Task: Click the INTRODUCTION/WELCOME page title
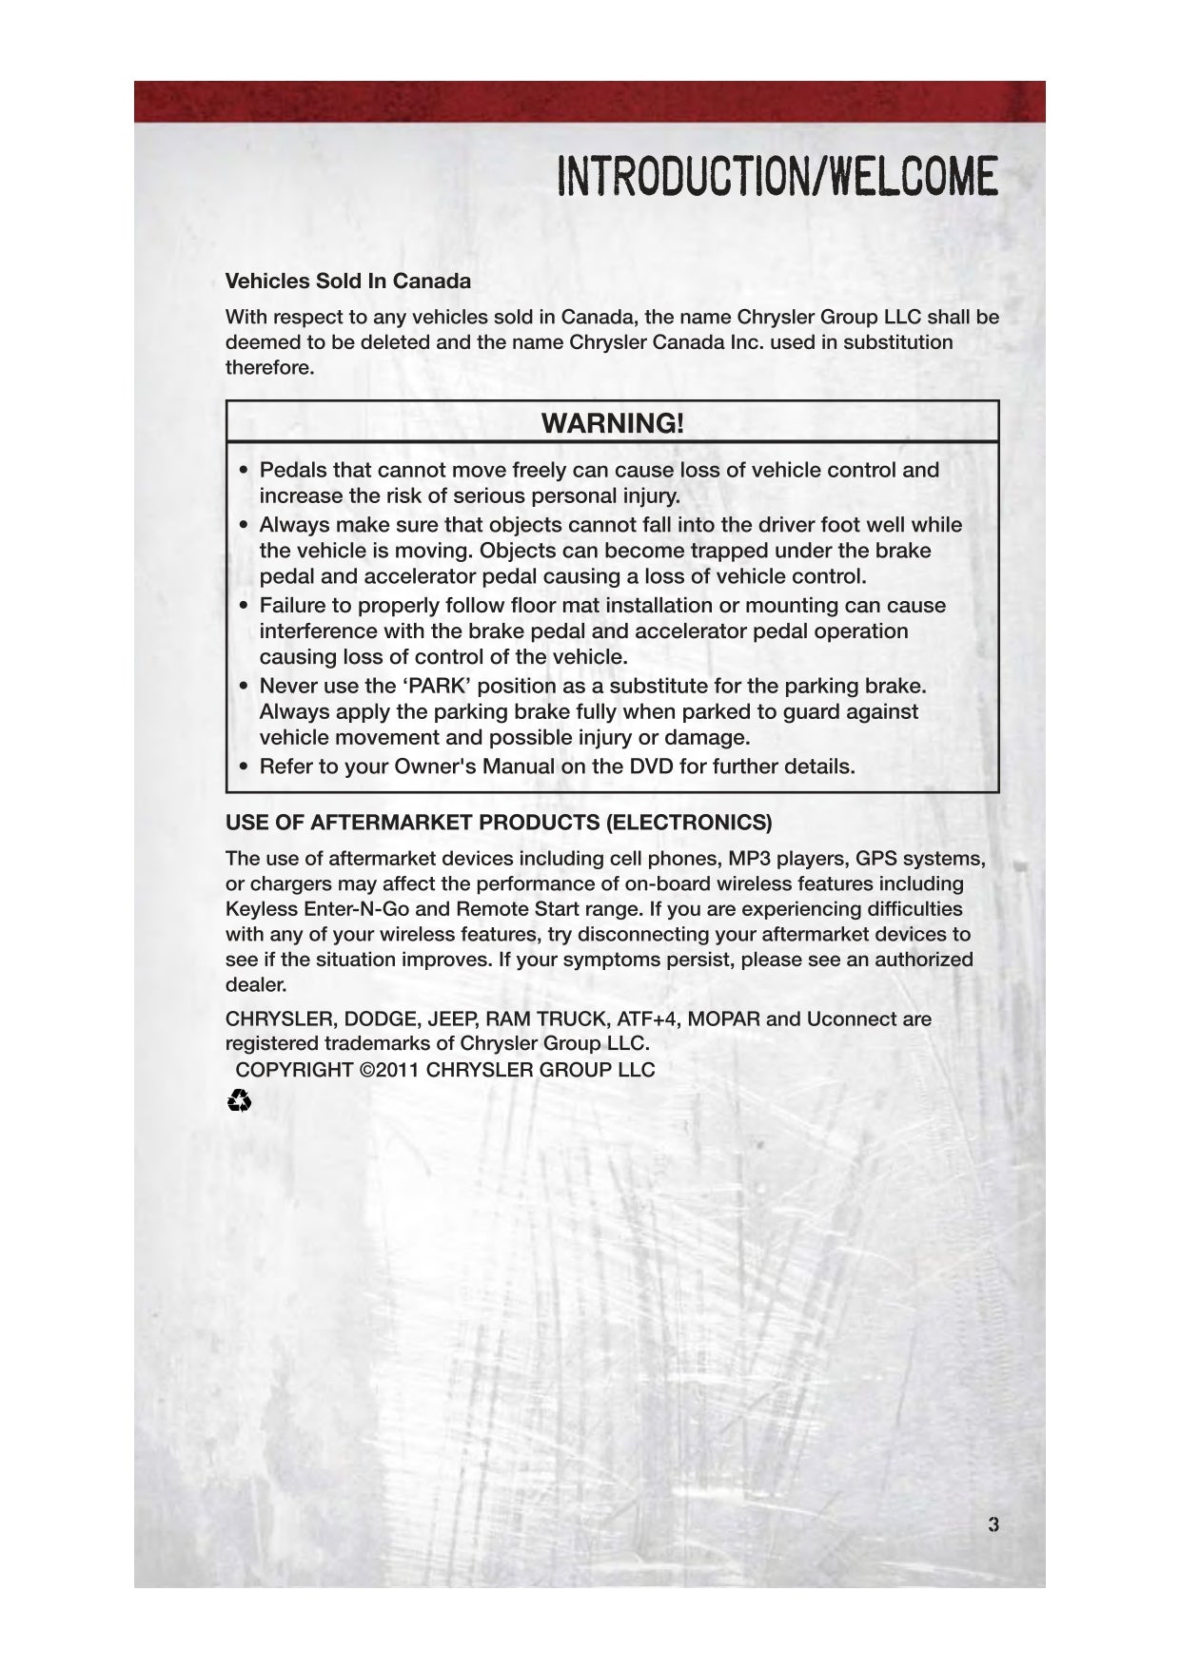(777, 177)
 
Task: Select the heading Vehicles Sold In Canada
(347, 281)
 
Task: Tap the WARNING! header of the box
(612, 423)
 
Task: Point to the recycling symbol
(240, 1102)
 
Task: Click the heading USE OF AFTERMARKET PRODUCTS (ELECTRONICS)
(499, 823)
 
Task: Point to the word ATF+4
(648, 1019)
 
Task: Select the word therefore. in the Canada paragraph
(269, 368)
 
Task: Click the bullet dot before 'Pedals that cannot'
(245, 471)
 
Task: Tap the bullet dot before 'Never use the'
(245, 687)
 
